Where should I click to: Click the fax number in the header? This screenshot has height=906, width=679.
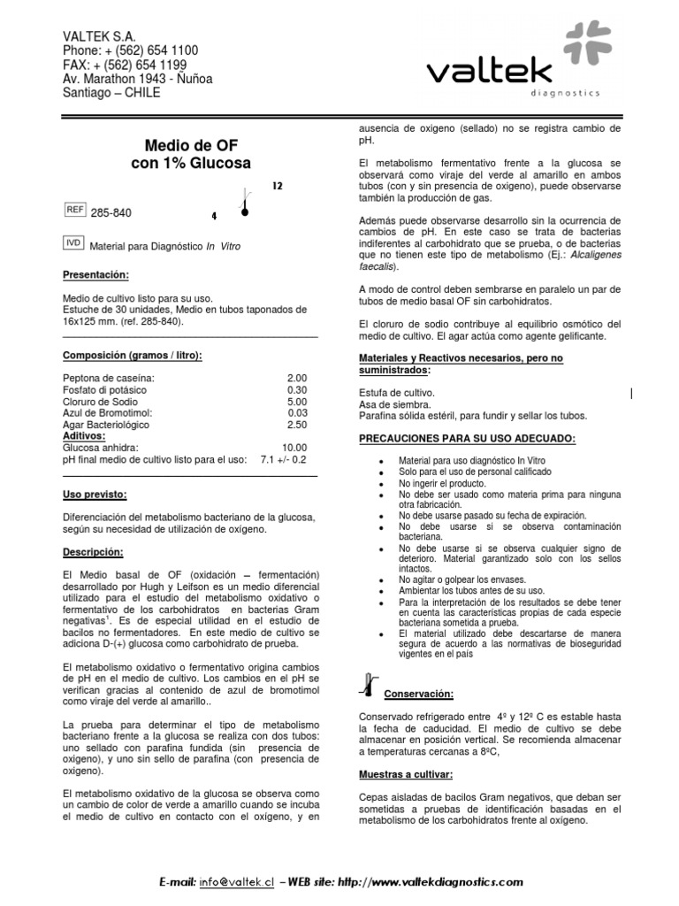pos(124,65)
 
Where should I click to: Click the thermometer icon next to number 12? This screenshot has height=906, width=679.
pos(244,202)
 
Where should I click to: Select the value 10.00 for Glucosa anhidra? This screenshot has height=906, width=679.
pos(294,448)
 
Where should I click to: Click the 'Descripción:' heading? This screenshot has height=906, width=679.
pos(93,551)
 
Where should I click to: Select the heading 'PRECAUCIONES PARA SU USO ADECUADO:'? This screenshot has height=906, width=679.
pos(468,438)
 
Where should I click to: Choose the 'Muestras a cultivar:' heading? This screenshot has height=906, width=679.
pos(406,773)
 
